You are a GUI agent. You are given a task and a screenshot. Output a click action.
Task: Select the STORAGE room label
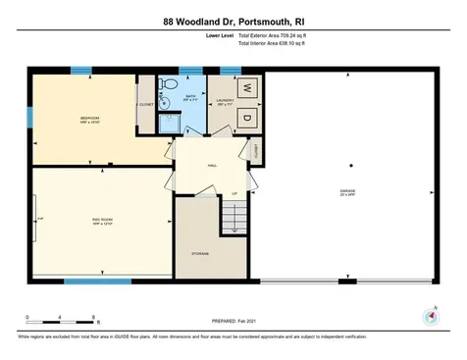199,253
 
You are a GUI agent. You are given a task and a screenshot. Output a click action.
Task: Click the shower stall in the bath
168,124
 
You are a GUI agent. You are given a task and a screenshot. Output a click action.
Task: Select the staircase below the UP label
233,217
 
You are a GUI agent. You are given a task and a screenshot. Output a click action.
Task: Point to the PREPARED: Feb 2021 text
233,321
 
